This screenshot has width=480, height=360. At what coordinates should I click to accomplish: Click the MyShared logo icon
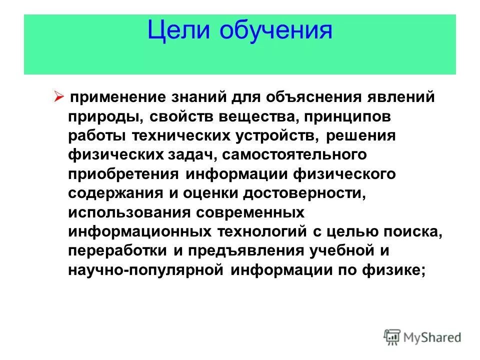(392, 336)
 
